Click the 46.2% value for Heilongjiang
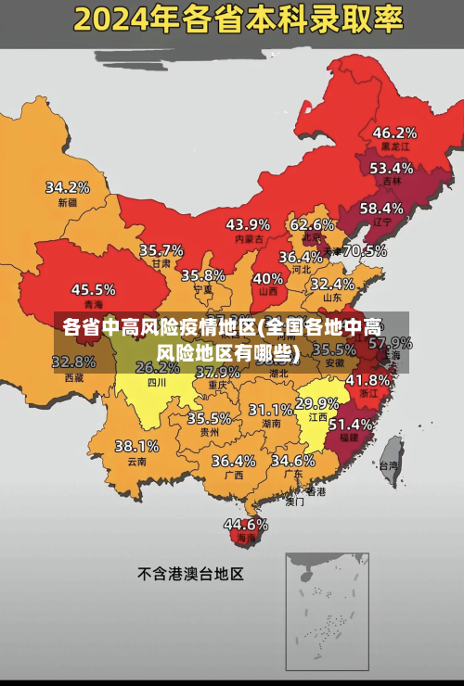[394, 132]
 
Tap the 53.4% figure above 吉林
[391, 168]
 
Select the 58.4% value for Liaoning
[381, 208]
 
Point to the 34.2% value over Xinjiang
[68, 186]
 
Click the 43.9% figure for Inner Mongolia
[248, 223]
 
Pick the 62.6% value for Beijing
[312, 223]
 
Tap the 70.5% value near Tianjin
[365, 250]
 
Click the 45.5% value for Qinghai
[94, 289]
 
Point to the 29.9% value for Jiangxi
[316, 403]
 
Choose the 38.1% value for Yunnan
[136, 446]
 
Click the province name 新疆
[68, 202]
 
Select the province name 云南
[136, 461]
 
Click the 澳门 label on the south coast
[295, 502]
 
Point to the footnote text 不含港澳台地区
[190, 574]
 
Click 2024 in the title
[112, 18]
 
